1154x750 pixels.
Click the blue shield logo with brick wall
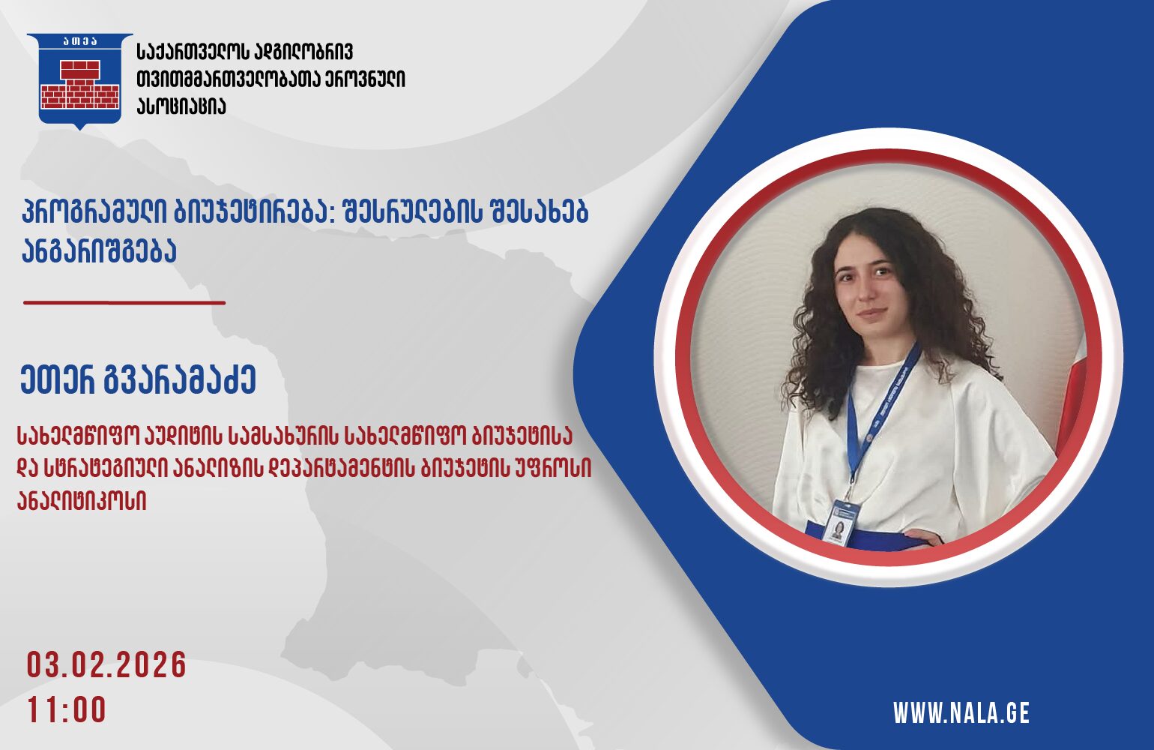(79, 81)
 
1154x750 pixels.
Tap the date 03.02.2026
(106, 665)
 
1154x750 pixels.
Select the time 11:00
(67, 709)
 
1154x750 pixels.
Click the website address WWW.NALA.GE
(961, 713)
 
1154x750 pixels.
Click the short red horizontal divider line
(124, 303)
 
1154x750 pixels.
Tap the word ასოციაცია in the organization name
(181, 106)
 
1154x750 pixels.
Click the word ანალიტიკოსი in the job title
(82, 499)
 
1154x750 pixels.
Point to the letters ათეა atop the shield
(80, 41)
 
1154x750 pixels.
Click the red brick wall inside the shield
(80, 84)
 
